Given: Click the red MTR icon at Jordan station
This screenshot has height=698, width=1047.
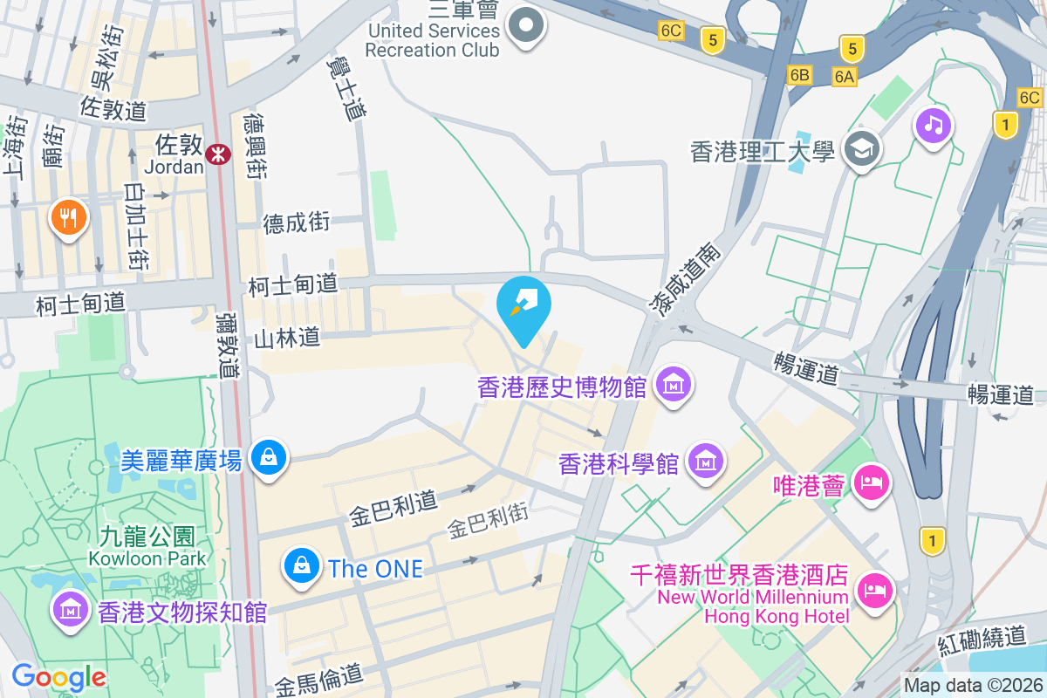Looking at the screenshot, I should [x=217, y=154].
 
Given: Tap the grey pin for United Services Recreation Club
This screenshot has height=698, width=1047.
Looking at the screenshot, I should [x=526, y=26].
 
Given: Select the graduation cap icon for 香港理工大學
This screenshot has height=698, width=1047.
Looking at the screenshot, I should [x=862, y=149].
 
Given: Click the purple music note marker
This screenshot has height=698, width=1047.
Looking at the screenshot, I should [x=933, y=126].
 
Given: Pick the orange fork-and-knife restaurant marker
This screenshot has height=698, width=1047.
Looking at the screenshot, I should [x=69, y=215].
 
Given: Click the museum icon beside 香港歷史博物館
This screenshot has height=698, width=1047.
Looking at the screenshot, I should [x=674, y=384].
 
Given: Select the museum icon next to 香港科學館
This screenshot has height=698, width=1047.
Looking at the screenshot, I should [x=706, y=462].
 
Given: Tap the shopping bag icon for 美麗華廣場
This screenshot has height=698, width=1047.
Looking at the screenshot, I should [x=268, y=456].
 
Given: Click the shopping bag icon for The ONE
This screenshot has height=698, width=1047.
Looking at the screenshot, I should [x=301, y=566].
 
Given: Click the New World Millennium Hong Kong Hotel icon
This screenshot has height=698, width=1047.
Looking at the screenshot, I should [x=874, y=590].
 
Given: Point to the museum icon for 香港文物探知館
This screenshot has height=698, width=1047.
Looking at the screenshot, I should [x=69, y=609].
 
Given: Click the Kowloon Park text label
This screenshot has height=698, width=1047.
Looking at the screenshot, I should [x=147, y=558].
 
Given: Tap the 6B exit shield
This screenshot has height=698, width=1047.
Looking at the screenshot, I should [x=799, y=75].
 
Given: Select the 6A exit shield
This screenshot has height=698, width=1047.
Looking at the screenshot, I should [x=844, y=77].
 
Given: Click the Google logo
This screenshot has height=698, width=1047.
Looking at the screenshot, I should [x=58, y=677].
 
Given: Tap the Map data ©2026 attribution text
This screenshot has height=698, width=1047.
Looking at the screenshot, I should [x=972, y=686].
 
